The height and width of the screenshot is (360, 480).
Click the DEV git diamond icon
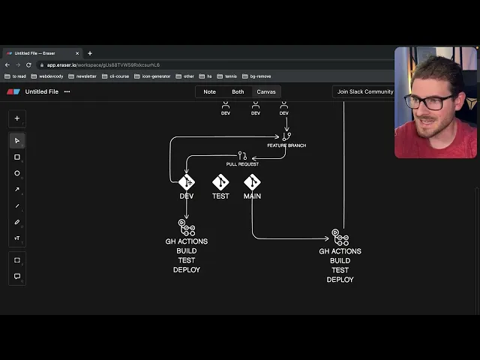pyautogui.click(x=187, y=182)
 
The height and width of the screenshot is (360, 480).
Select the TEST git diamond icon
pyautogui.click(x=220, y=182)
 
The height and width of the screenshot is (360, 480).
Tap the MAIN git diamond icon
pyautogui.click(x=252, y=182)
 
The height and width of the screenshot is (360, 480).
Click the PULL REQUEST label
pyautogui.click(x=242, y=164)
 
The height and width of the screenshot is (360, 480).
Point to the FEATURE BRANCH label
pyautogui.click(x=286, y=145)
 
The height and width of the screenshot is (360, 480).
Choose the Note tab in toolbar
pyautogui.click(x=209, y=91)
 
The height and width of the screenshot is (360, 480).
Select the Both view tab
pyautogui.click(x=238, y=91)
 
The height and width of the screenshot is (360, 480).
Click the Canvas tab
pyautogui.click(x=266, y=91)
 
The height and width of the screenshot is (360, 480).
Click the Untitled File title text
pyautogui.click(x=42, y=91)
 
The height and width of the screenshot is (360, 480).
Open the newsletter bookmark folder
pyautogui.click(x=88, y=76)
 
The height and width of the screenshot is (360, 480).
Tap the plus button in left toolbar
pyautogui.click(x=17, y=118)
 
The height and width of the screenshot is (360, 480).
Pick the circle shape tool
pyautogui.click(x=17, y=173)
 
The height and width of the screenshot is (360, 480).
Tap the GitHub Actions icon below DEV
pyautogui.click(x=186, y=227)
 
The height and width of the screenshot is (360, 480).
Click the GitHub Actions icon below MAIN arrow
pyautogui.click(x=340, y=238)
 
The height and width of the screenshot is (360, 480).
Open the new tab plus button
pyautogui.click(x=90, y=53)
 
